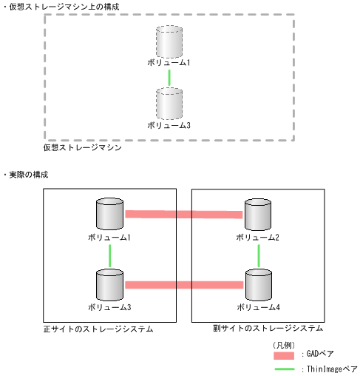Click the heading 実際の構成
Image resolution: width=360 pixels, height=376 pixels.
click(30, 174)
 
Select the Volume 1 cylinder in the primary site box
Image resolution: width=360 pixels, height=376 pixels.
click(109, 215)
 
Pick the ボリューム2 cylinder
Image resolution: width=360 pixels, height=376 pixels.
click(258, 215)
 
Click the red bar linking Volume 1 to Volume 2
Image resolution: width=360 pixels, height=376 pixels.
click(184, 215)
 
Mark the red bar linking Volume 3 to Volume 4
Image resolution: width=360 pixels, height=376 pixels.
click(184, 284)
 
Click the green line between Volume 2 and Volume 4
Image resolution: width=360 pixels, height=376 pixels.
click(258, 255)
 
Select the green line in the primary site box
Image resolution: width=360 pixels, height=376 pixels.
click(109, 255)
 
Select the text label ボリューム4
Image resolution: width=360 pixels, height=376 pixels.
click(258, 306)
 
